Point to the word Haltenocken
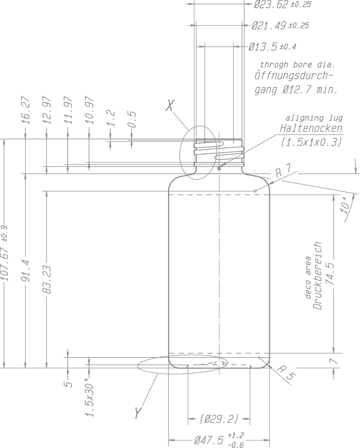click(x=311, y=128)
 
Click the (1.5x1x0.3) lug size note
click(x=312, y=142)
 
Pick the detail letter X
click(x=170, y=106)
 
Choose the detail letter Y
click(x=138, y=413)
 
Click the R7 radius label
click(x=283, y=171)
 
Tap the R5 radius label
click(x=286, y=373)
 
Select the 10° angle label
click(x=345, y=205)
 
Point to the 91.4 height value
click(x=26, y=270)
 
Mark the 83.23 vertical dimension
click(x=47, y=279)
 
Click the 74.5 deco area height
click(x=330, y=274)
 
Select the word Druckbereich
click(x=318, y=276)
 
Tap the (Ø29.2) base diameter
click(x=219, y=419)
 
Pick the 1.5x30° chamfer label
click(x=90, y=398)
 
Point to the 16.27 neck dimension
click(x=26, y=110)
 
